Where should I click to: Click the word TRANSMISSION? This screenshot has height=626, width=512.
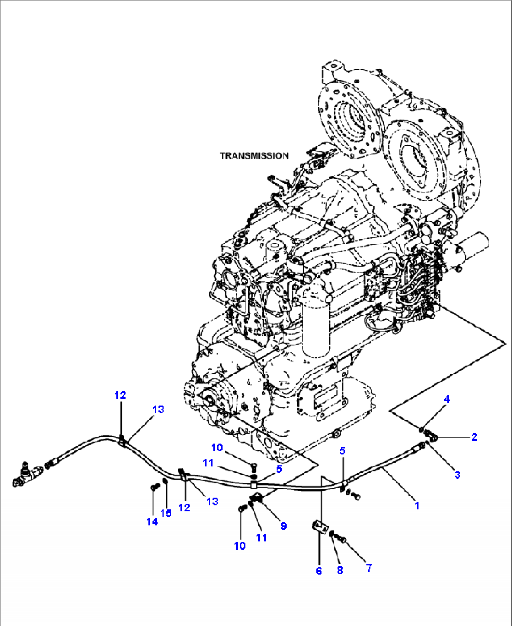pyautogui.click(x=254, y=156)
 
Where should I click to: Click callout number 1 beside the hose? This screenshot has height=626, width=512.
pyautogui.click(x=416, y=505)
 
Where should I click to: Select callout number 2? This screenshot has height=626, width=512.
pyautogui.click(x=474, y=437)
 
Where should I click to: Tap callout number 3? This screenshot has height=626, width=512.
pyautogui.click(x=457, y=474)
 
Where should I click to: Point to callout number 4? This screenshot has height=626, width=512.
pyautogui.click(x=447, y=399)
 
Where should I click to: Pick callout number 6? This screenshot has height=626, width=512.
pyautogui.click(x=319, y=571)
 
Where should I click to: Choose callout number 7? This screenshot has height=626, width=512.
pyautogui.click(x=369, y=568)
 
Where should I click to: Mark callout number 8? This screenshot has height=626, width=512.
pyautogui.click(x=340, y=570)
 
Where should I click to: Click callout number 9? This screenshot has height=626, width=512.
pyautogui.click(x=283, y=526)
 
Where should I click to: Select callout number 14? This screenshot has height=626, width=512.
pyautogui.click(x=152, y=521)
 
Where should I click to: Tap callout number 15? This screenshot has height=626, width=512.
pyautogui.click(x=166, y=513)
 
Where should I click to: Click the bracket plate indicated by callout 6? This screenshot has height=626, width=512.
pyautogui.click(x=320, y=527)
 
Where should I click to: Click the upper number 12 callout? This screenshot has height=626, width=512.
pyautogui.click(x=120, y=395)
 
